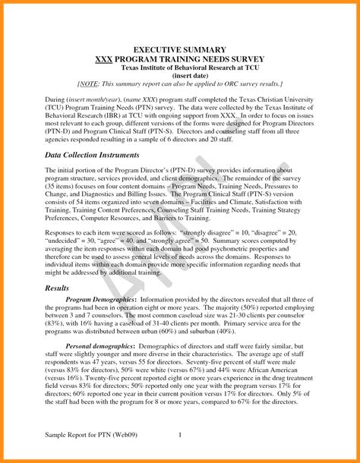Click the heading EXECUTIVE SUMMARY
click(x=180, y=48)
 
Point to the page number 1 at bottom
click(x=180, y=435)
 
